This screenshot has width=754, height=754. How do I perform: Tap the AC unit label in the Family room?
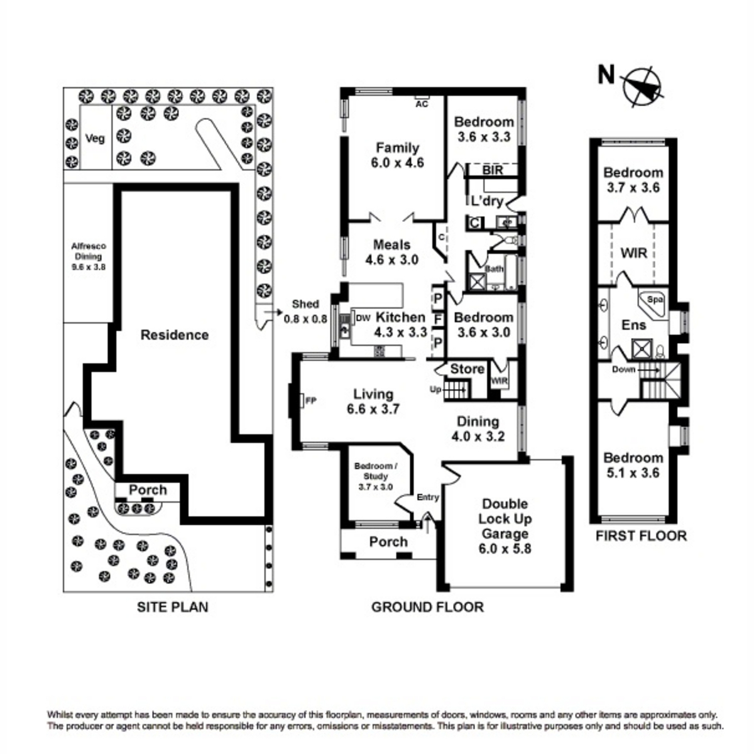(421, 104)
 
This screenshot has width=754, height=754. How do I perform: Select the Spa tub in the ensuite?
(653, 300)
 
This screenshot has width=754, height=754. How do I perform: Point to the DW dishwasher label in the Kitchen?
(363, 319)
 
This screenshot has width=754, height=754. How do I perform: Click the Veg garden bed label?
(95, 138)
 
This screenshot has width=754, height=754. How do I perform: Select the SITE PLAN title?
(172, 607)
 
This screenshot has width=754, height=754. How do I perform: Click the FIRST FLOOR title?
(641, 536)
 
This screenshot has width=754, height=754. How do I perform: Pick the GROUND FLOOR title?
(427, 607)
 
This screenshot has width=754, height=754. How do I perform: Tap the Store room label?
(467, 369)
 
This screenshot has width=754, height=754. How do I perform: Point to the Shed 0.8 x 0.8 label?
(305, 311)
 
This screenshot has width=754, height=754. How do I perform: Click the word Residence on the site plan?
(174, 334)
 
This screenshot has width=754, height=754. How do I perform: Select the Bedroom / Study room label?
(376, 476)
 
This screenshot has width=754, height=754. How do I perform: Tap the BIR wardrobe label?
(492, 170)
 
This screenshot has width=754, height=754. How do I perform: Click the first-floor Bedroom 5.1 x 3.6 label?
(633, 465)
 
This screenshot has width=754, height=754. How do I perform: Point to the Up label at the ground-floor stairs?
(435, 390)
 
